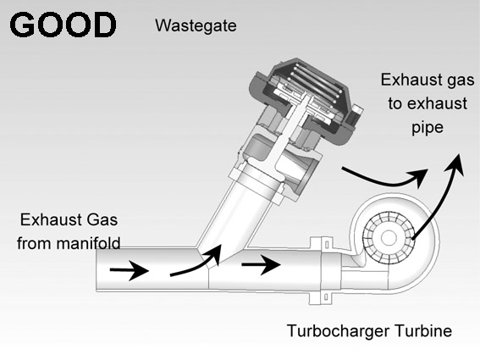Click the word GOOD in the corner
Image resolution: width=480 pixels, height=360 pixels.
click(63, 25)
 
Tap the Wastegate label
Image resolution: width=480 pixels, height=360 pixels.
click(196, 25)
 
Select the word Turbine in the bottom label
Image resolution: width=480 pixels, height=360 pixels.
click(423, 331)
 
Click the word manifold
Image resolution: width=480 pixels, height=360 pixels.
click(89, 243)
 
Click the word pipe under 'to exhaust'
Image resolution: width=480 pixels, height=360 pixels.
click(428, 128)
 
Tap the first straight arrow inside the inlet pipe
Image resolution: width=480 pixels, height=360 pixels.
click(130, 270)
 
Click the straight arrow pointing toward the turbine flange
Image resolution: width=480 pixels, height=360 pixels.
click(261, 264)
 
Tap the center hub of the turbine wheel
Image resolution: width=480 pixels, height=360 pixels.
click(389, 237)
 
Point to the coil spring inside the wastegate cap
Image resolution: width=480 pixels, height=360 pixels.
click(315, 83)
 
